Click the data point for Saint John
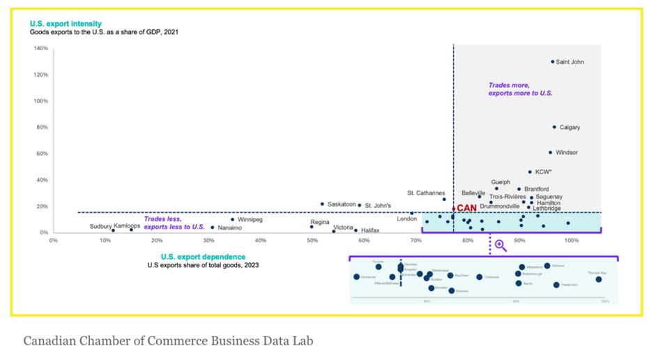[x=552, y=61]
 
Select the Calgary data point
[x=554, y=127]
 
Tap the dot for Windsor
[x=550, y=152]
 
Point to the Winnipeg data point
[x=232, y=220]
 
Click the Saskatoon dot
[x=322, y=204]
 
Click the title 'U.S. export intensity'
[x=65, y=24]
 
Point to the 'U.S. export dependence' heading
[x=192, y=256]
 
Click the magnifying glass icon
[x=500, y=245]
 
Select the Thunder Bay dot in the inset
[x=598, y=279]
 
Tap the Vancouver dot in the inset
[x=356, y=277]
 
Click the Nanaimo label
[x=230, y=227]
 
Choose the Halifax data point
[x=356, y=230]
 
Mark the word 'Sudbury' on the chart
[x=100, y=226]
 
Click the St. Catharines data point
[x=444, y=200]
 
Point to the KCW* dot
[x=530, y=172]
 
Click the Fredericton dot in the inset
[x=556, y=285]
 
